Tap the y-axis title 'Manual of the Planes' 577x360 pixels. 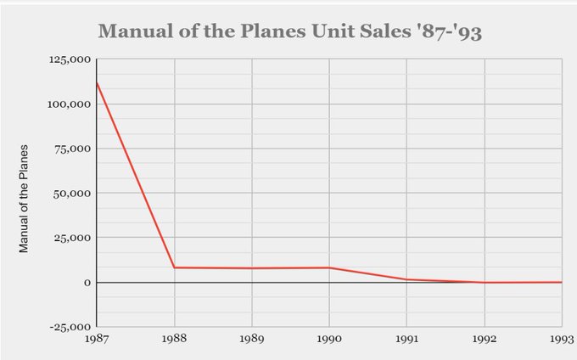pyautogui.click(x=25, y=199)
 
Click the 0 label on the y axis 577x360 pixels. pyautogui.click(x=87, y=282)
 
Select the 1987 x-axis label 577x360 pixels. pyautogui.click(x=97, y=339)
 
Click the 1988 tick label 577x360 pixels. pyautogui.click(x=174, y=339)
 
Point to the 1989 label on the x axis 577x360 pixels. pyautogui.click(x=252, y=339)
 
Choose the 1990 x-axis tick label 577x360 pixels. pyautogui.click(x=329, y=339)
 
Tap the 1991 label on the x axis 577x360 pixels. pyautogui.click(x=407, y=339)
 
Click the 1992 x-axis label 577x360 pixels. pyautogui.click(x=485, y=339)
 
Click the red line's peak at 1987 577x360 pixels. pyautogui.click(x=97, y=82)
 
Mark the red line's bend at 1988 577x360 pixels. pyautogui.click(x=175, y=267)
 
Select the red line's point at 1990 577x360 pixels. pyautogui.click(x=329, y=267)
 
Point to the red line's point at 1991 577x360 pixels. pyautogui.click(x=407, y=279)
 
